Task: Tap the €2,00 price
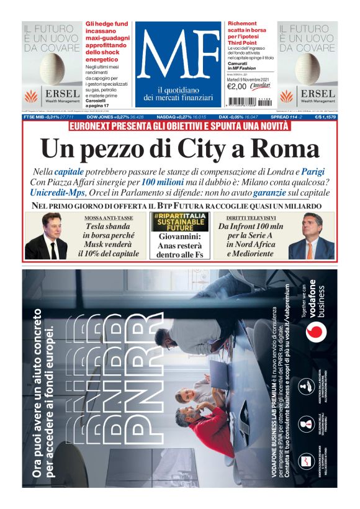(236, 86)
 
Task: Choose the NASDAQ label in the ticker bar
(170, 117)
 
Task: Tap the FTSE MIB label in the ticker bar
(35, 117)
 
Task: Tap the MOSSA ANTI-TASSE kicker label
(107, 218)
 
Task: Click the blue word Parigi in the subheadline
(313, 171)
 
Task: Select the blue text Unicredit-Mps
(57, 193)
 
